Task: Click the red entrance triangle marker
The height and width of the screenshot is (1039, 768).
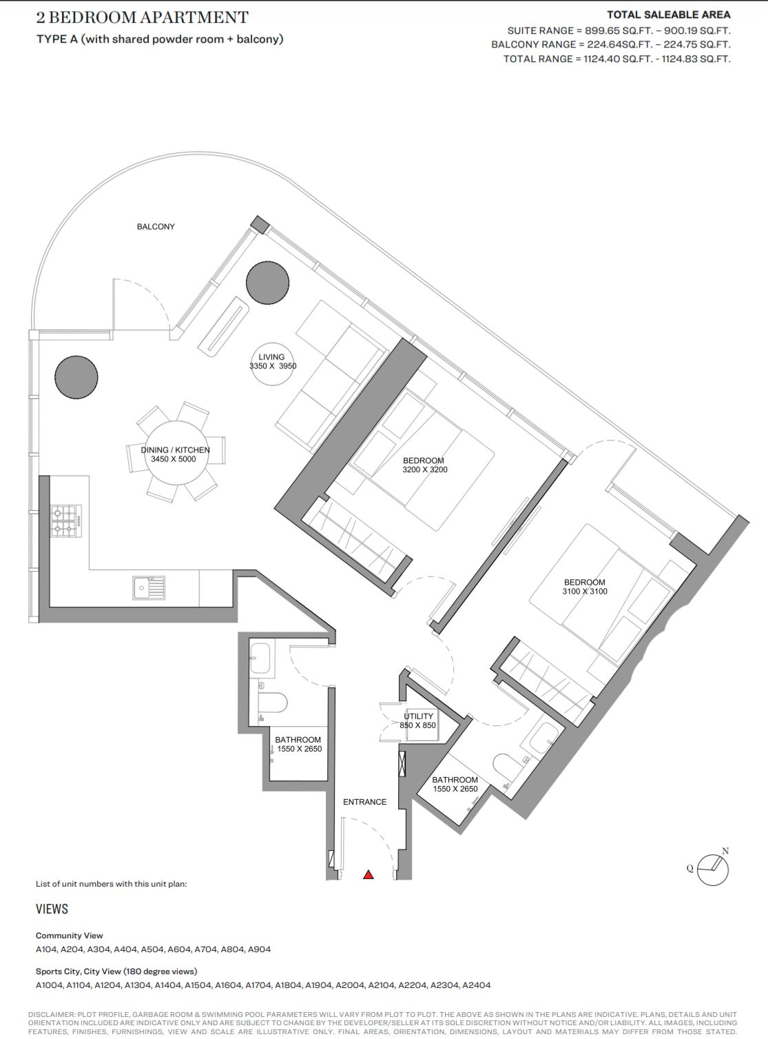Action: coord(369,874)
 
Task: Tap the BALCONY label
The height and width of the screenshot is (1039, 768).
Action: coord(156,227)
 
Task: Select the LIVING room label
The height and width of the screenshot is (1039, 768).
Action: coord(271,357)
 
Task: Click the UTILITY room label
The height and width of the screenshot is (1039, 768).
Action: coord(418,716)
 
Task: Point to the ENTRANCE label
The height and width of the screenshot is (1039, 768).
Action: coord(364,802)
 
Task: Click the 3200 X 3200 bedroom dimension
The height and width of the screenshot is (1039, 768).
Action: coord(425,470)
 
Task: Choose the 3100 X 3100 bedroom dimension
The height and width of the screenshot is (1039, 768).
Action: coord(585,591)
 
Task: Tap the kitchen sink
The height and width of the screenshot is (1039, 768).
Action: coord(149,588)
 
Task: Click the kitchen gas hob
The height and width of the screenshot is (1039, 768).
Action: coord(66,521)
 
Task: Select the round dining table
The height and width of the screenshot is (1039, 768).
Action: coord(176,452)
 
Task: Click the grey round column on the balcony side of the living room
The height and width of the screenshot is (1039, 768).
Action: coord(268,283)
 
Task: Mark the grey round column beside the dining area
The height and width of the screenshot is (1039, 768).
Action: coord(76,377)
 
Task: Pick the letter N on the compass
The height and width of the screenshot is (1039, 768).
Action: coord(725,851)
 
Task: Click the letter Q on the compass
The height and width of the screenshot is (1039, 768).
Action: coord(690,869)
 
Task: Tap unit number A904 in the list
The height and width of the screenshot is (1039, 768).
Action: coord(259,949)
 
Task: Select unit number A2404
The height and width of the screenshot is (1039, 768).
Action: coord(477,985)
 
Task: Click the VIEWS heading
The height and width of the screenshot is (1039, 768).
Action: coord(52,909)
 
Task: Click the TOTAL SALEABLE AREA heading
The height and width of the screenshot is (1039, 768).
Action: coord(669,14)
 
